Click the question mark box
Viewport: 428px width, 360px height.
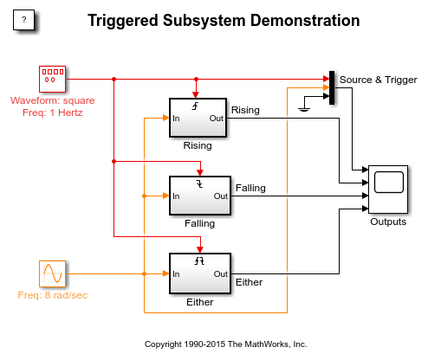[23, 20]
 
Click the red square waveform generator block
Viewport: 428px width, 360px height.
[52, 79]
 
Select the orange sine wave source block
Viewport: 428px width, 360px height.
[52, 273]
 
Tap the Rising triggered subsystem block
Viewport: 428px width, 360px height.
[198, 118]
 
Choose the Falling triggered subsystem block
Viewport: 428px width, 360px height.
[200, 196]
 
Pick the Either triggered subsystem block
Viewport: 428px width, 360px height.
[200, 273]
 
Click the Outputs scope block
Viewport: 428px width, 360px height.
[388, 190]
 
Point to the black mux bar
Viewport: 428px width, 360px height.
[332, 87]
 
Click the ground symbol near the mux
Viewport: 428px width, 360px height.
[304, 109]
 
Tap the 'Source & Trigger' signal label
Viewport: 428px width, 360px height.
[378, 80]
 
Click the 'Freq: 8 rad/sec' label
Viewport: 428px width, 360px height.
[53, 295]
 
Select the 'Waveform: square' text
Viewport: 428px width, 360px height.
[53, 100]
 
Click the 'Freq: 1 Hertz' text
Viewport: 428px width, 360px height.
[53, 112]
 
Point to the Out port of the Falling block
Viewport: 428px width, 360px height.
[221, 196]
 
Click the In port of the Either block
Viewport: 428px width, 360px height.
[176, 274]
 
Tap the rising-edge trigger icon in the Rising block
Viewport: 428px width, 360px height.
[196, 106]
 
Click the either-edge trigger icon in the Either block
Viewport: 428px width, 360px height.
[199, 261]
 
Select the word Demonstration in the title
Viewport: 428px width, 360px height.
[305, 21]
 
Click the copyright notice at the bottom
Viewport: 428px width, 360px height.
[225, 344]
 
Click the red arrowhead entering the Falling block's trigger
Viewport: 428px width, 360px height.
[200, 173]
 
